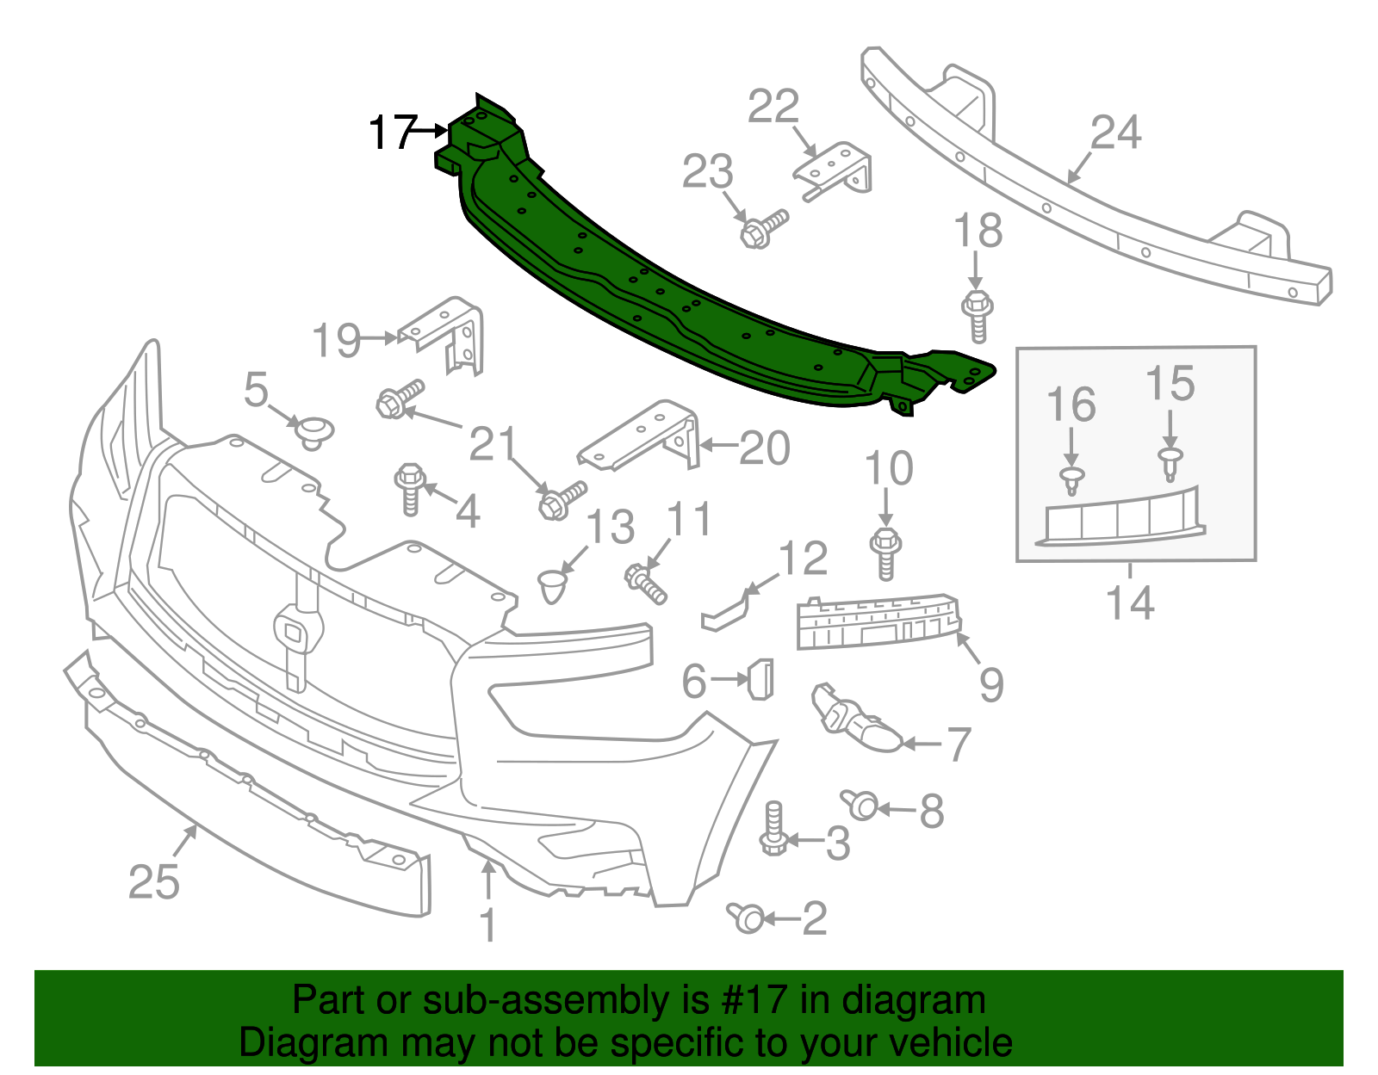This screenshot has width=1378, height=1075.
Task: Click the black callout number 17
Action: (x=392, y=133)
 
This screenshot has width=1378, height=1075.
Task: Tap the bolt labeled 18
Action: (x=977, y=314)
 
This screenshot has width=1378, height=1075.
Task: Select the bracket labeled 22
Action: (x=833, y=172)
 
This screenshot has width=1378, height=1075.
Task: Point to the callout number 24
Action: (x=1115, y=133)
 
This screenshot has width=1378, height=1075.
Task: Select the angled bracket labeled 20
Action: (x=642, y=435)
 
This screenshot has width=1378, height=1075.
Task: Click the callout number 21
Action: (x=493, y=444)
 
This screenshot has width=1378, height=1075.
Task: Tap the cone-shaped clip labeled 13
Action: (x=553, y=586)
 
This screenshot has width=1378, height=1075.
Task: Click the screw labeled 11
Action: (x=645, y=583)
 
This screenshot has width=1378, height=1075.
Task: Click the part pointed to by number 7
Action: (x=857, y=720)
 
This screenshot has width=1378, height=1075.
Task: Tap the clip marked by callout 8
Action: (x=860, y=806)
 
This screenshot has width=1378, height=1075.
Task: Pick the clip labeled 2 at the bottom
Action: (x=746, y=917)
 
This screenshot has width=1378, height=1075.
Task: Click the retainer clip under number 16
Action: (x=1071, y=481)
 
